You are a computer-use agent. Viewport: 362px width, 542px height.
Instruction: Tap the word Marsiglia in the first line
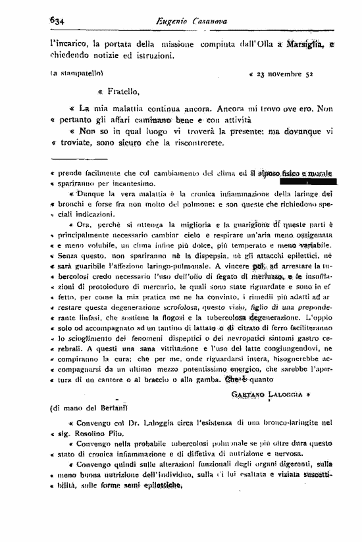click(304, 44)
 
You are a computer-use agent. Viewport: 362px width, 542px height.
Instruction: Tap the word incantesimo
click(133, 183)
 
